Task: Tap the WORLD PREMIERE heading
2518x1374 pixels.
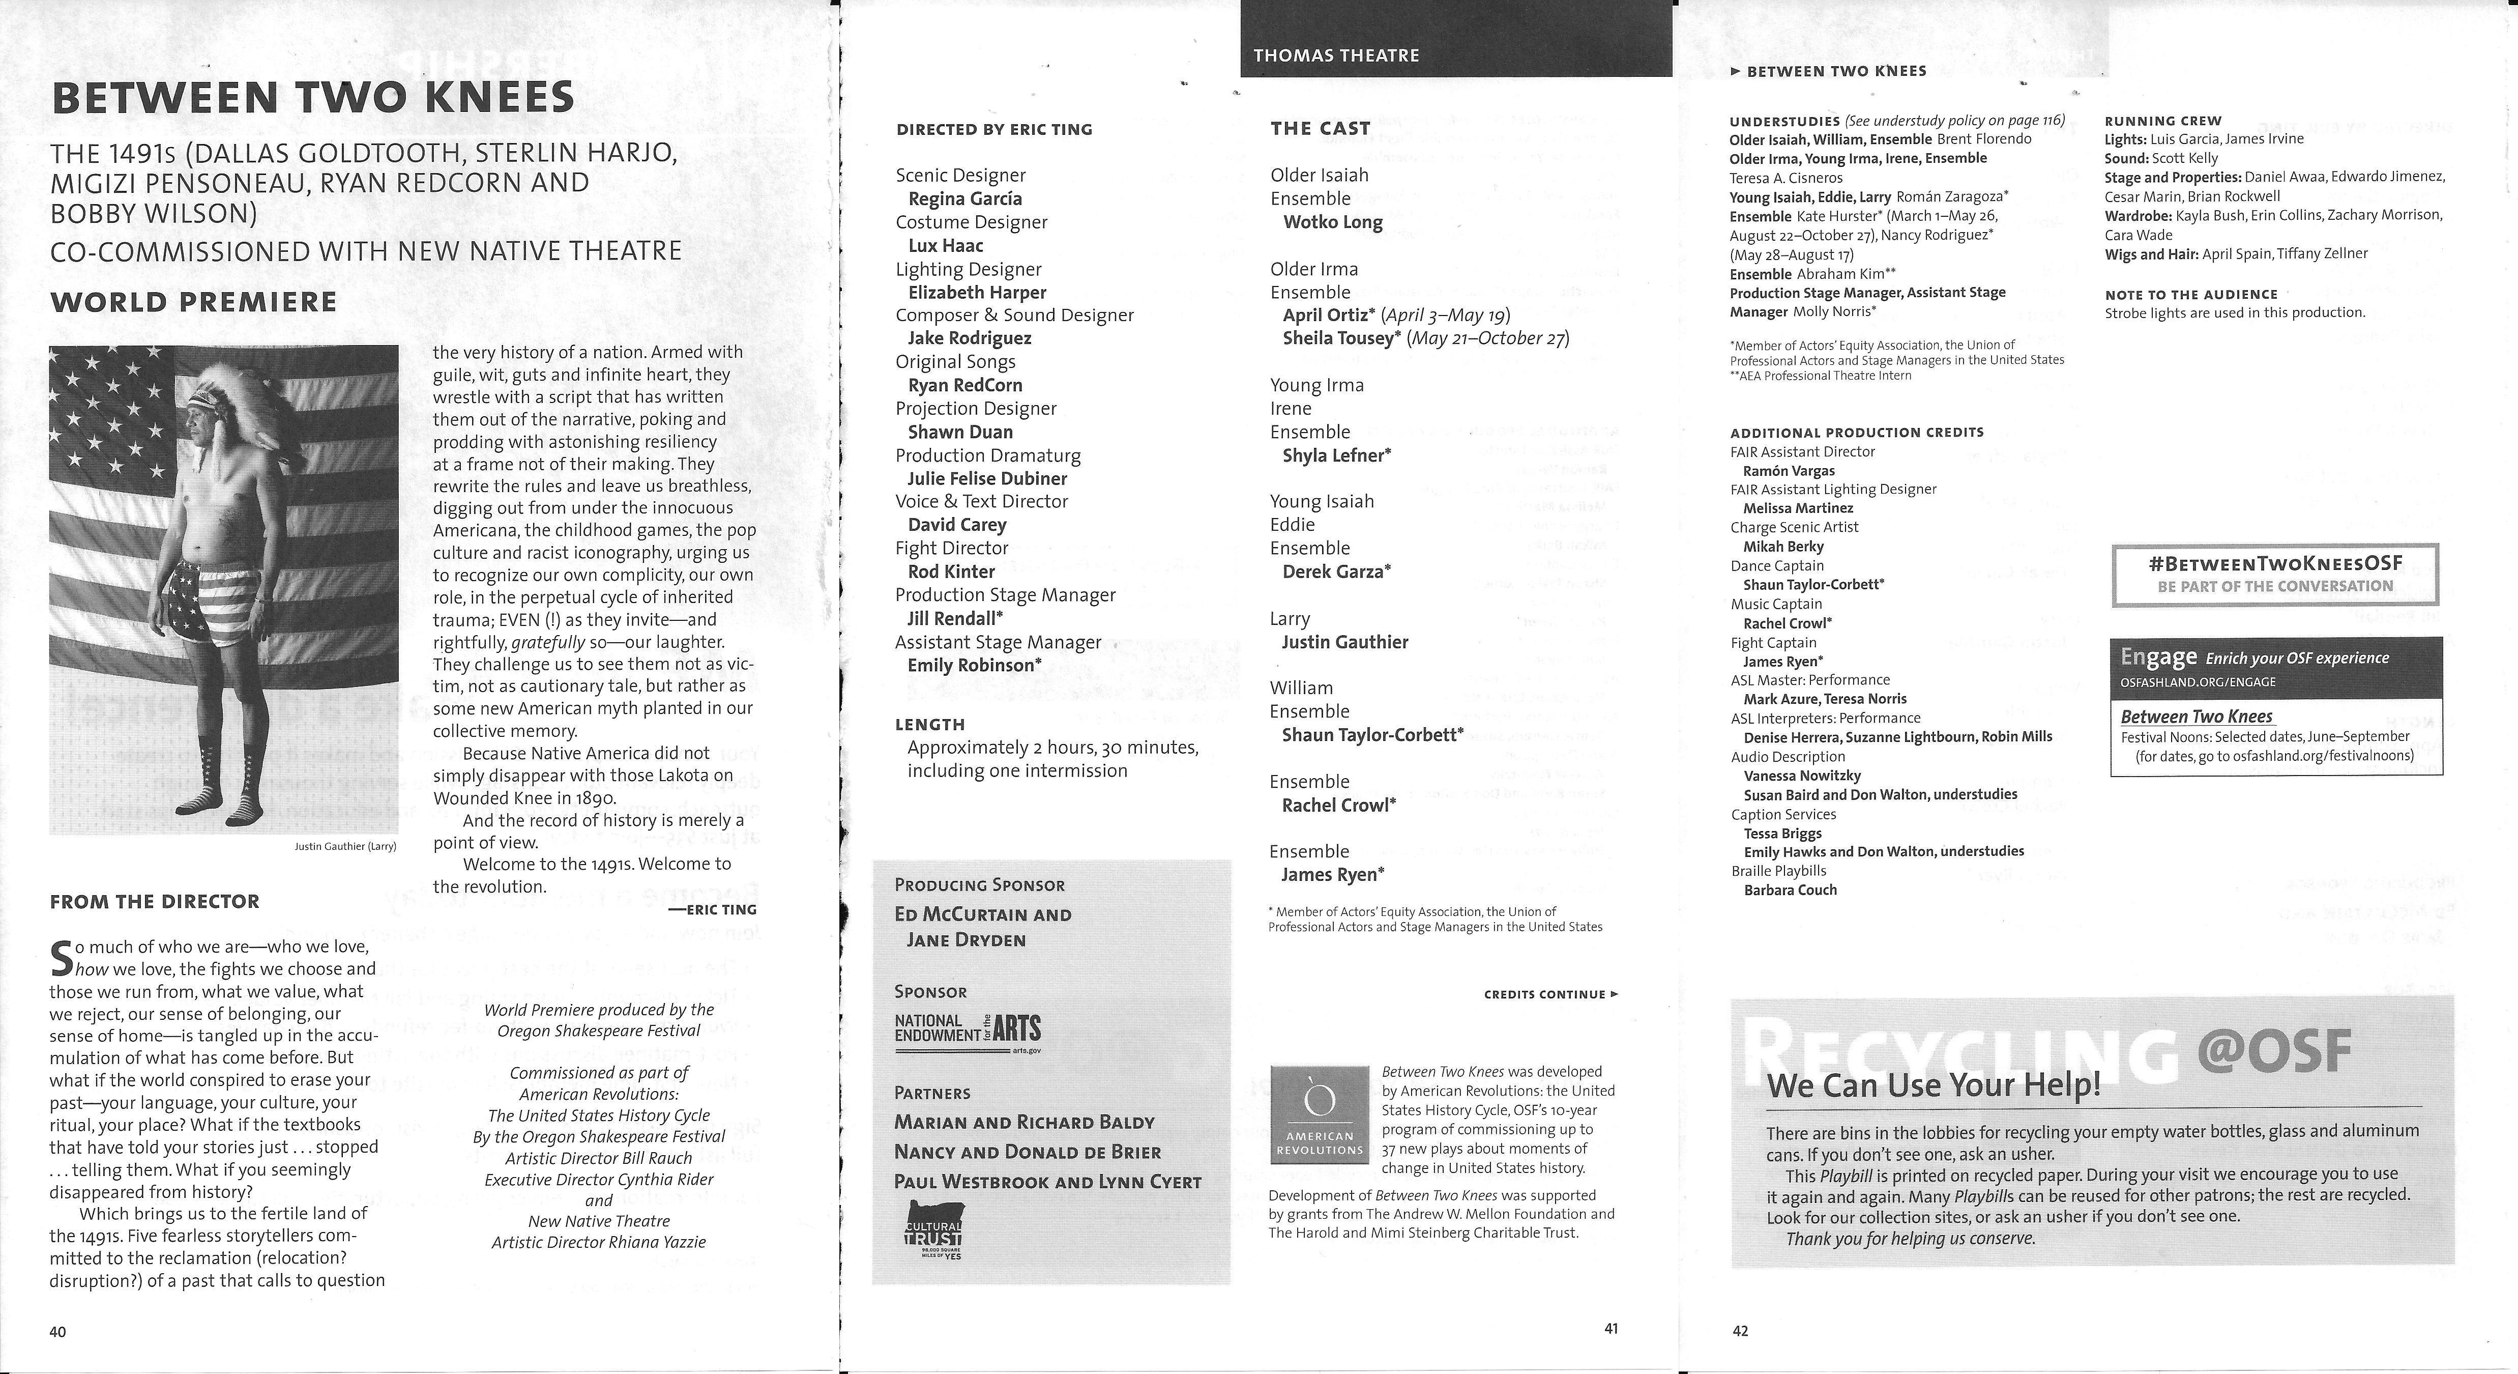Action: point(193,301)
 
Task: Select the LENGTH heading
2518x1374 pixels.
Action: point(929,725)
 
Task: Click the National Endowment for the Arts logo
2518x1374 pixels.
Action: point(968,1030)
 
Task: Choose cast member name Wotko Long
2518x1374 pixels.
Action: point(1332,222)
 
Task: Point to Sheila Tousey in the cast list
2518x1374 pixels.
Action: point(1337,338)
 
